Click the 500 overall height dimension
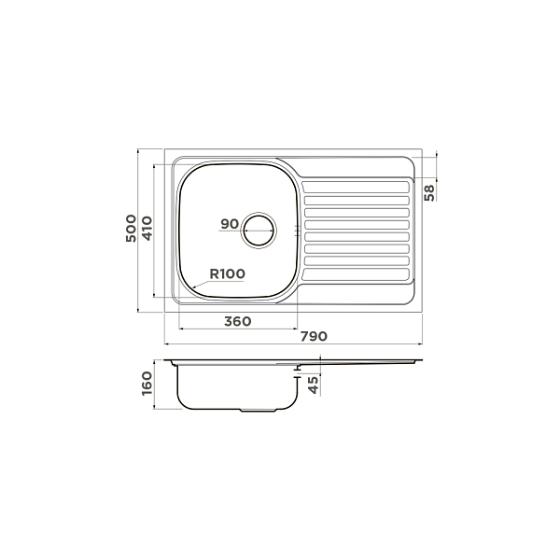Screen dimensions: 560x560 tap(131, 229)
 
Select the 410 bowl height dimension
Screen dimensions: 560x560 tap(147, 229)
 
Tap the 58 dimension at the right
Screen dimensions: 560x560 tap(429, 192)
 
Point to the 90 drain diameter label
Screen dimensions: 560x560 tap(230, 224)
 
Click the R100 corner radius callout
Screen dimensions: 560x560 tap(227, 273)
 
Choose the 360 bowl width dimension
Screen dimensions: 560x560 tap(237, 321)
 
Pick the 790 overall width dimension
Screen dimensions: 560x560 tap(314, 336)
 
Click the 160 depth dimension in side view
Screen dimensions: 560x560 tap(147, 384)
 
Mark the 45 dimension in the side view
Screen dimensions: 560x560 tap(313, 385)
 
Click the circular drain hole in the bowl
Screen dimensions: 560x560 tap(259, 230)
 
